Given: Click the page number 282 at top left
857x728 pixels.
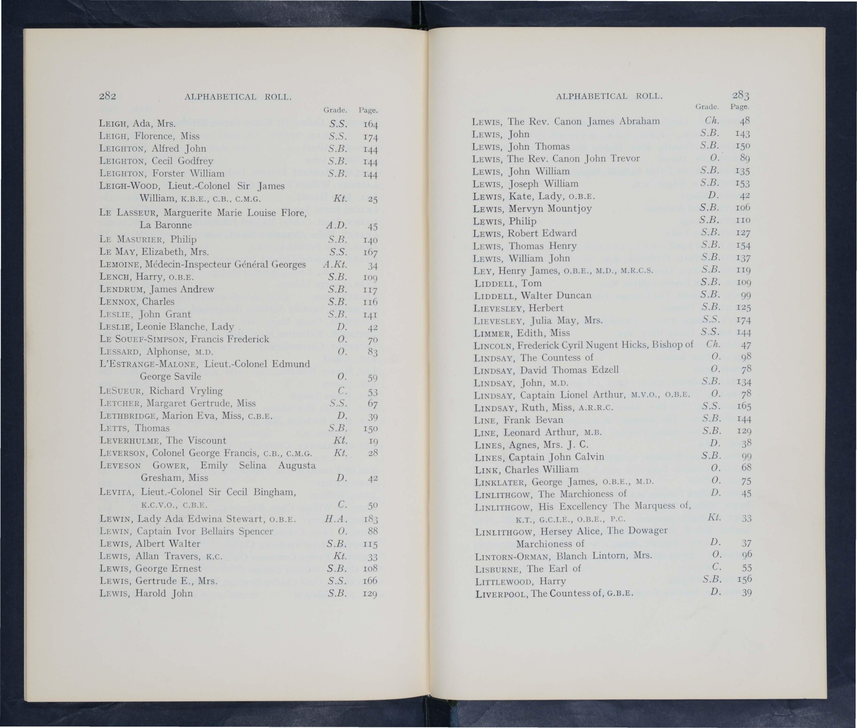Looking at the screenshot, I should (107, 96).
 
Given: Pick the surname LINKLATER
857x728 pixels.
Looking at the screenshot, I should (501, 482).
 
